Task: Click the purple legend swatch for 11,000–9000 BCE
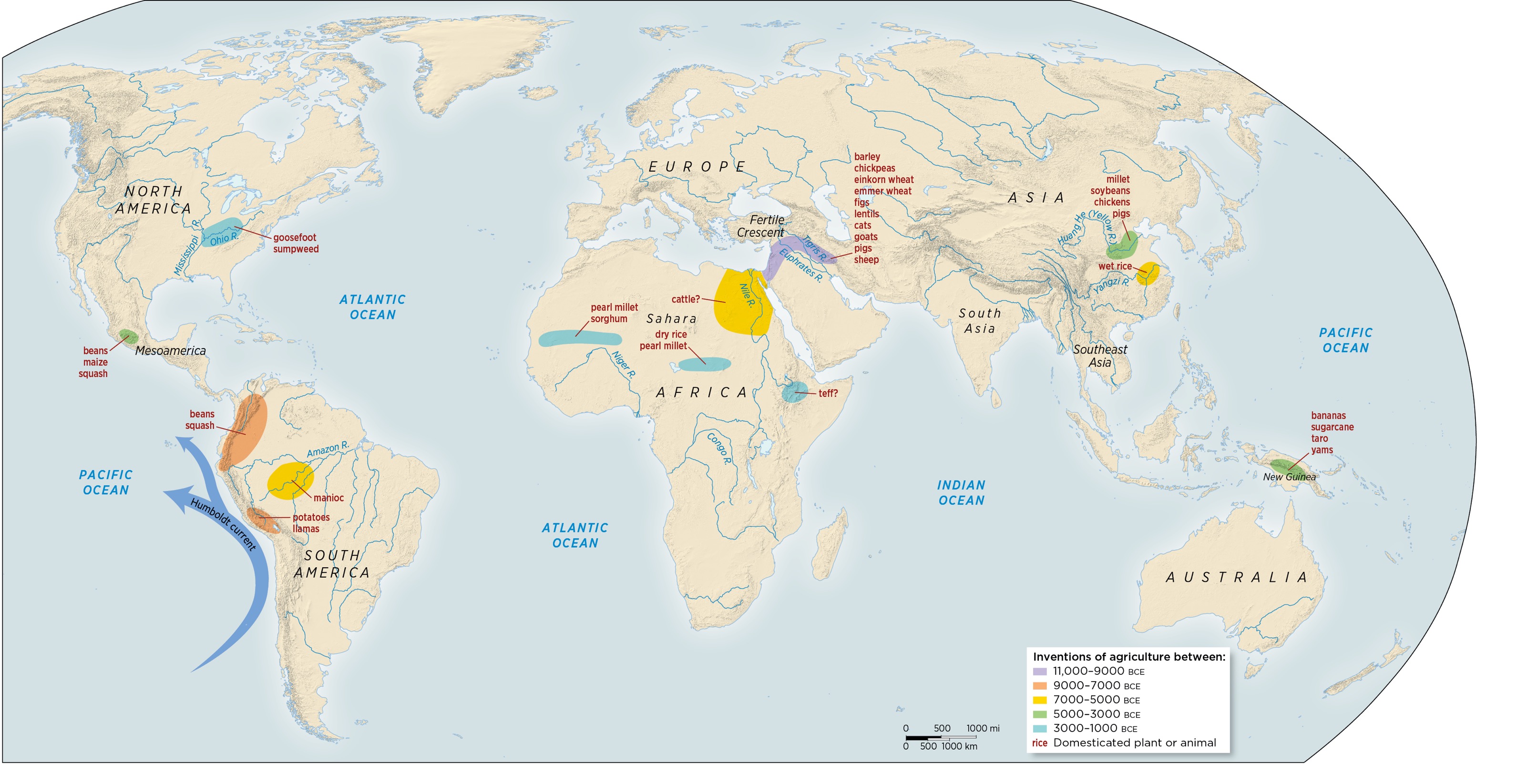pyautogui.click(x=1040, y=672)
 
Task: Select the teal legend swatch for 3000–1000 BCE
pyautogui.click(x=1040, y=728)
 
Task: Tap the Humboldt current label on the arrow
pyautogui.click(x=223, y=525)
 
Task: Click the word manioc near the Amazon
pyautogui.click(x=328, y=498)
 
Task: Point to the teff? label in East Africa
pyautogui.click(x=828, y=394)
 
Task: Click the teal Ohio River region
pyautogui.click(x=221, y=232)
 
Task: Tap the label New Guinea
pyautogui.click(x=1289, y=477)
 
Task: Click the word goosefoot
pyautogui.click(x=295, y=238)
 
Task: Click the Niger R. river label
pyautogui.click(x=624, y=365)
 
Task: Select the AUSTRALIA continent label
pyautogui.click(x=1236, y=577)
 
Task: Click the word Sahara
pyautogui.click(x=671, y=319)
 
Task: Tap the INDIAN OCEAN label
pyautogui.click(x=961, y=492)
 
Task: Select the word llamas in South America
pyautogui.click(x=306, y=529)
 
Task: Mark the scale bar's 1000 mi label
pyautogui.click(x=982, y=728)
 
